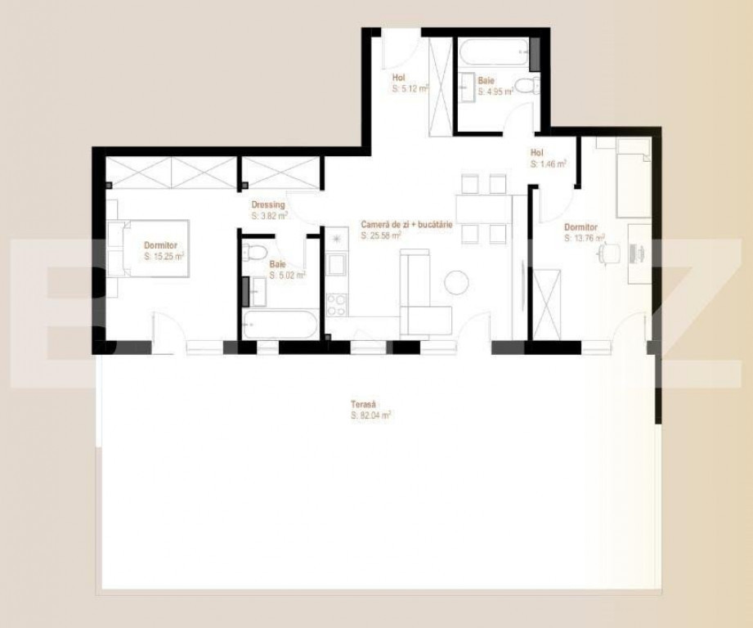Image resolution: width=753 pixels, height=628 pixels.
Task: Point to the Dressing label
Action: [269, 211]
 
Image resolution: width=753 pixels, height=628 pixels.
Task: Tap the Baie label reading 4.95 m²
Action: [495, 86]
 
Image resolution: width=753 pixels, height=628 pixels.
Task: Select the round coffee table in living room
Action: [456, 283]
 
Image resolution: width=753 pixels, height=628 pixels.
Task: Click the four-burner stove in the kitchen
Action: [336, 304]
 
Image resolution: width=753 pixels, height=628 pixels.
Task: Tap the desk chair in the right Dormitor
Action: [605, 254]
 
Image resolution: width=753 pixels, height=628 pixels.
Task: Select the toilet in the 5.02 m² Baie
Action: [256, 253]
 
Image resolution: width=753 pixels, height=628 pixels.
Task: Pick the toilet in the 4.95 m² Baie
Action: [523, 85]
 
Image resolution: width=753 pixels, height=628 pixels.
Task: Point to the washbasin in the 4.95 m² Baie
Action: [467, 84]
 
